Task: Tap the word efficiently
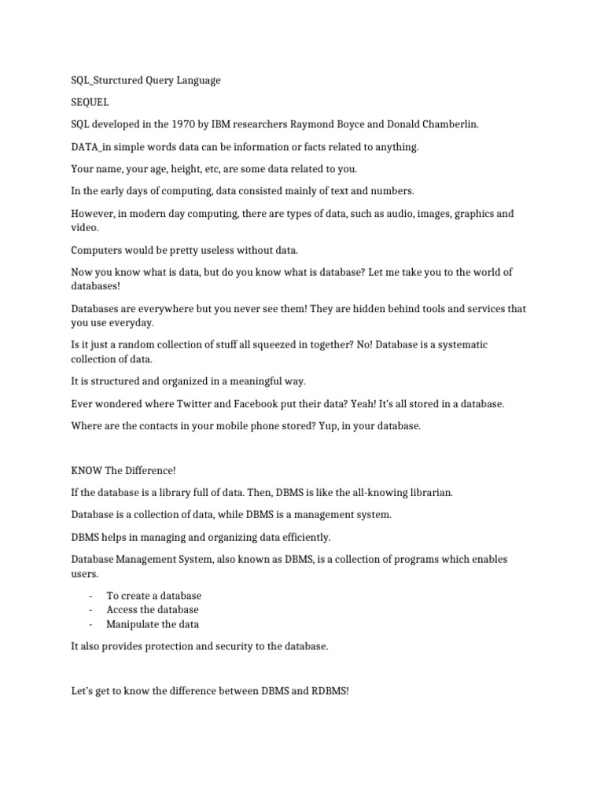point(296,537)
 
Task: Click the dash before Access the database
point(91,610)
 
